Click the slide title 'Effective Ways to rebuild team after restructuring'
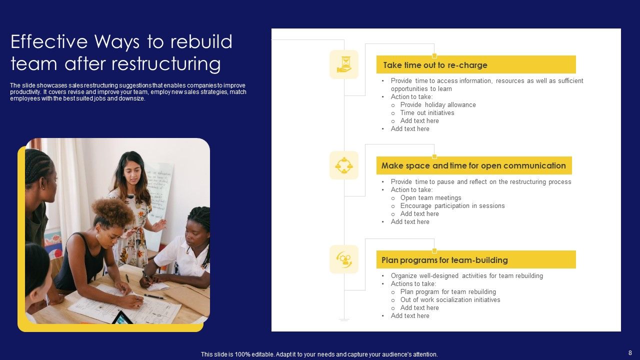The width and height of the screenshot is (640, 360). [x=121, y=52]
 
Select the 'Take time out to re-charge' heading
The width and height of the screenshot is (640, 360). [x=435, y=65]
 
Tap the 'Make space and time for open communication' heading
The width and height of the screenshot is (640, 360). [x=473, y=165]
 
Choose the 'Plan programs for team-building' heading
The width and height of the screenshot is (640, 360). [x=444, y=260]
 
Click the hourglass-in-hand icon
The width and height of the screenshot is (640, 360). [x=344, y=64]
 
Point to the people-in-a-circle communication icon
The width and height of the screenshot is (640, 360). [x=344, y=165]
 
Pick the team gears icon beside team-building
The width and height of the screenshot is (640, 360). [x=344, y=259]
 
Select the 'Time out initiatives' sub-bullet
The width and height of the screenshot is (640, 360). [x=427, y=113]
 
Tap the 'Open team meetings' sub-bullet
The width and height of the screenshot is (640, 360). [x=430, y=198]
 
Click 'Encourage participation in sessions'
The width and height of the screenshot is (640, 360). [x=452, y=206]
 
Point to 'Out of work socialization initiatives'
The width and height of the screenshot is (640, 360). [x=450, y=300]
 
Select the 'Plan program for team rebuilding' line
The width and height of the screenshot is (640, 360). [x=448, y=292]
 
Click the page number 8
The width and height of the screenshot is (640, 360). [x=630, y=352]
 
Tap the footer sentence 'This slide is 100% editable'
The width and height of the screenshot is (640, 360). [x=319, y=354]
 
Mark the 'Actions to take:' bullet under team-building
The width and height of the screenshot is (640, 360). [x=413, y=284]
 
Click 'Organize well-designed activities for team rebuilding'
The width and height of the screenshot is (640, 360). [x=466, y=276]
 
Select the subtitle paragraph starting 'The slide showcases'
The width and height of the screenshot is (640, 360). [x=128, y=92]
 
